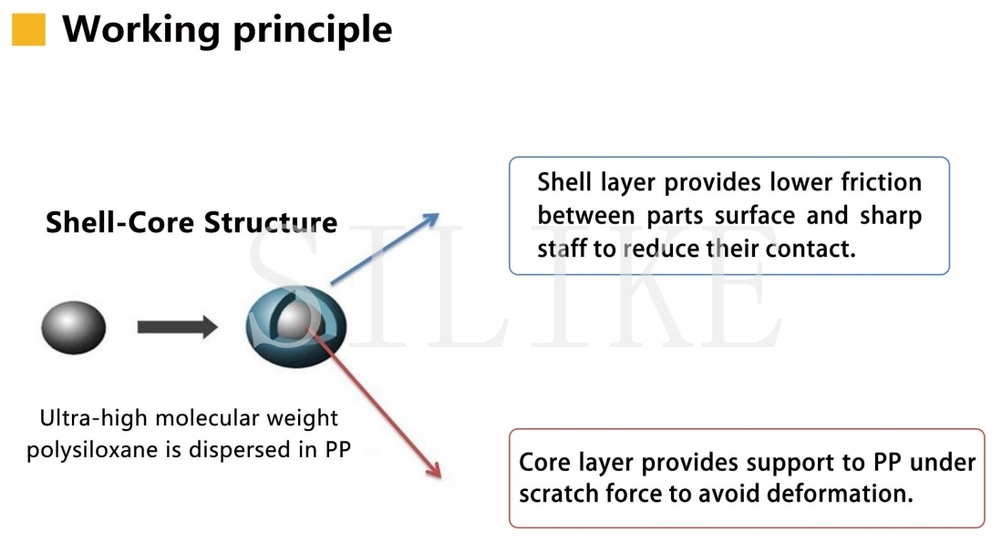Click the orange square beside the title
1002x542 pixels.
click(29, 30)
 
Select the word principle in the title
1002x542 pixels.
click(313, 31)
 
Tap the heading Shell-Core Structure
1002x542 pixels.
click(191, 222)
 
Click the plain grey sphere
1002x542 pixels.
click(74, 327)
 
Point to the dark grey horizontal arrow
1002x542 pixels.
click(177, 327)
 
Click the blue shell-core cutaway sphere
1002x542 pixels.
click(296, 326)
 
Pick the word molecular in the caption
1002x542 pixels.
click(206, 418)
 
